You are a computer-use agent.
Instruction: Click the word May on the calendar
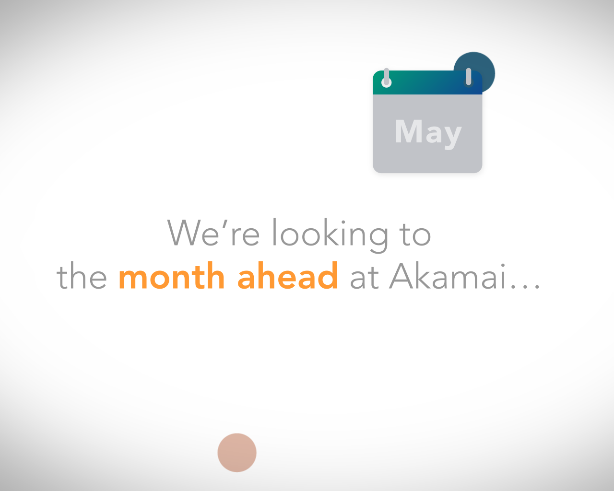tap(428, 133)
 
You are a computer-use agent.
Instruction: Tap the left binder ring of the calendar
tap(386, 78)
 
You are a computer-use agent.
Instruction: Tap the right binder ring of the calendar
tap(469, 78)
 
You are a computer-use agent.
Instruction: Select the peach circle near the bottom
tap(237, 453)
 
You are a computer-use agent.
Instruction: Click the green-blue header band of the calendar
tap(427, 82)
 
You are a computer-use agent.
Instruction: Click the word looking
tap(330, 235)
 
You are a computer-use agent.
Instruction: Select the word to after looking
tap(416, 234)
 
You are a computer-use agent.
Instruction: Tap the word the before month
tap(82, 275)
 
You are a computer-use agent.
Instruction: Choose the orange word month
tap(172, 275)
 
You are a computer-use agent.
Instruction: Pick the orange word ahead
tap(288, 275)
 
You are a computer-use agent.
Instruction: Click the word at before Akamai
tap(365, 277)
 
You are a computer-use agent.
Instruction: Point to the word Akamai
tap(448, 276)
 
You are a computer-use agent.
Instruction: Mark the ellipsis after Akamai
tap(525, 286)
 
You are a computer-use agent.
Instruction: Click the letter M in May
tap(408, 131)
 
